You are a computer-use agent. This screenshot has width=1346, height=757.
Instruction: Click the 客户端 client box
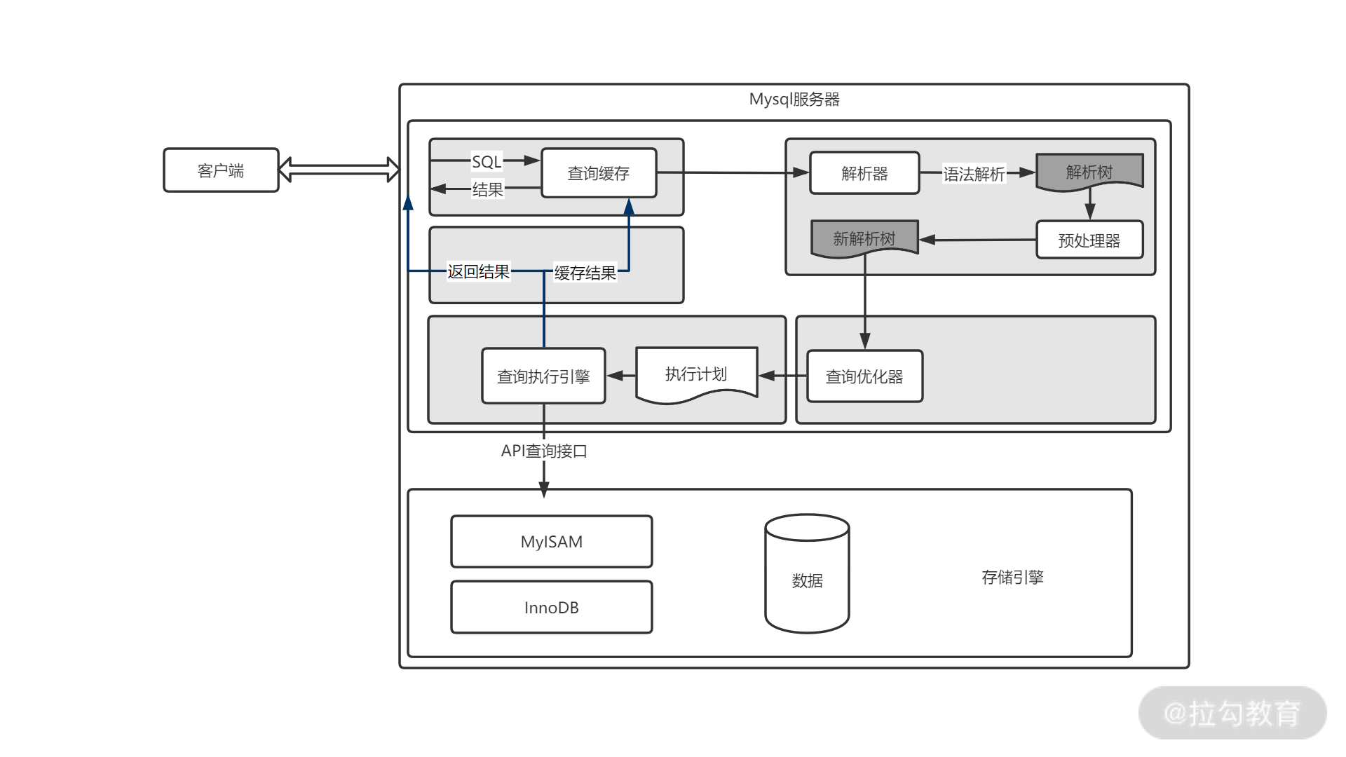(x=221, y=170)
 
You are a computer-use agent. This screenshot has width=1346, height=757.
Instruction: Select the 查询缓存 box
(x=599, y=173)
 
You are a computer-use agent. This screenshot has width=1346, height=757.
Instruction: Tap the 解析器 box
(x=864, y=173)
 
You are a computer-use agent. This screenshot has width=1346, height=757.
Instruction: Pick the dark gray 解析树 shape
(x=1089, y=172)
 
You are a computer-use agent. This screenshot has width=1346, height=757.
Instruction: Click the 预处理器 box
(x=1089, y=240)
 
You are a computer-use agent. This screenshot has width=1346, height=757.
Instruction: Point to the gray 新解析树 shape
(x=864, y=239)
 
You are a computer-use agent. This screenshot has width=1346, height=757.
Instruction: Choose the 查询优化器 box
(x=864, y=376)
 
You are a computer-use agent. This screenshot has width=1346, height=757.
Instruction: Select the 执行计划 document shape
(x=696, y=374)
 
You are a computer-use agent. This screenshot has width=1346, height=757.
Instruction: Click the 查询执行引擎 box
(x=543, y=376)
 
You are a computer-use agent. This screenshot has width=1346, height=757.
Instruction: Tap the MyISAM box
(x=552, y=542)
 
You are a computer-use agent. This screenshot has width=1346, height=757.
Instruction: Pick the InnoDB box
(x=552, y=608)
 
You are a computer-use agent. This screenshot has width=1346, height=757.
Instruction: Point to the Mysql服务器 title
(x=794, y=100)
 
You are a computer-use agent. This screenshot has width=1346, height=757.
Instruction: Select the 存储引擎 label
(x=1012, y=578)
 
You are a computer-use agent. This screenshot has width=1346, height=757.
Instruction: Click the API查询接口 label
(x=544, y=451)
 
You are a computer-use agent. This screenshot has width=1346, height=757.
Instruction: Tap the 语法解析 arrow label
(x=974, y=174)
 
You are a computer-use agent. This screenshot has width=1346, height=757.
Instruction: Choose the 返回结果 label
(x=479, y=272)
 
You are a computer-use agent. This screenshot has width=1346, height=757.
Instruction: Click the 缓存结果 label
(x=585, y=273)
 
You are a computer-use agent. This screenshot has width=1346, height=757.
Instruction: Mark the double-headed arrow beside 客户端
(x=339, y=170)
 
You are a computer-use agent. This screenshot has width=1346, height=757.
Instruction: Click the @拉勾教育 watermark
(x=1232, y=714)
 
